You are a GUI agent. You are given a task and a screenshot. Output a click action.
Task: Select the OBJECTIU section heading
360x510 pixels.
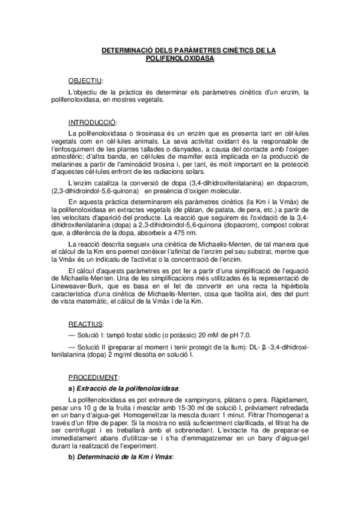pos(85,80)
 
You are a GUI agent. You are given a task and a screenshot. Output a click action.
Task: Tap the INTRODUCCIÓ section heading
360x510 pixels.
pos(93,121)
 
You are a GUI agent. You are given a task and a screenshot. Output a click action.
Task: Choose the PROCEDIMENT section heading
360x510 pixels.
pos(93,378)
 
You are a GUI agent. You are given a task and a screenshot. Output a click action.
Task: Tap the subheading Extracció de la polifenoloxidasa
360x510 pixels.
pos(128,389)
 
